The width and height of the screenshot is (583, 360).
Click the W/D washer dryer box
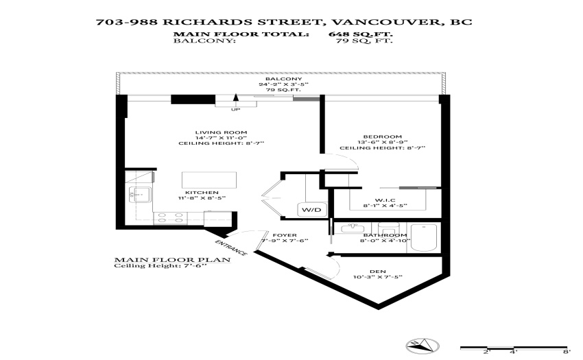tap(312, 210)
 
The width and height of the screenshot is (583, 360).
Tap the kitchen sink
tap(140, 195)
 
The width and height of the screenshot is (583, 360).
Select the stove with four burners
tap(170, 218)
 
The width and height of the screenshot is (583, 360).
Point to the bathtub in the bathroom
tap(423, 238)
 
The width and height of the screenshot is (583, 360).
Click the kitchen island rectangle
tap(209, 180)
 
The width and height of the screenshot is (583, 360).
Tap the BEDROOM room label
tap(382, 137)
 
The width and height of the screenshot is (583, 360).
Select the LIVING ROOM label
tap(222, 132)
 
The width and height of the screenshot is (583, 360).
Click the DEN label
tap(378, 272)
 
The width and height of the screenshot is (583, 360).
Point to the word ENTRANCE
tap(231, 248)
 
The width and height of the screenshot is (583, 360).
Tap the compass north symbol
tap(423, 346)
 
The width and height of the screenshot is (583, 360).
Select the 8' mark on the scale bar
tap(567, 352)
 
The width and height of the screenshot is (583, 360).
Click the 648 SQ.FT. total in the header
tap(360, 34)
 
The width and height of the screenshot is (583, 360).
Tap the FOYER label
tap(285, 235)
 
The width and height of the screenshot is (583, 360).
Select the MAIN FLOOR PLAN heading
tap(172, 260)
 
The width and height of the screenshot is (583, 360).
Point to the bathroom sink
tap(352, 228)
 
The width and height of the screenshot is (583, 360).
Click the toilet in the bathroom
tap(388, 228)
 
